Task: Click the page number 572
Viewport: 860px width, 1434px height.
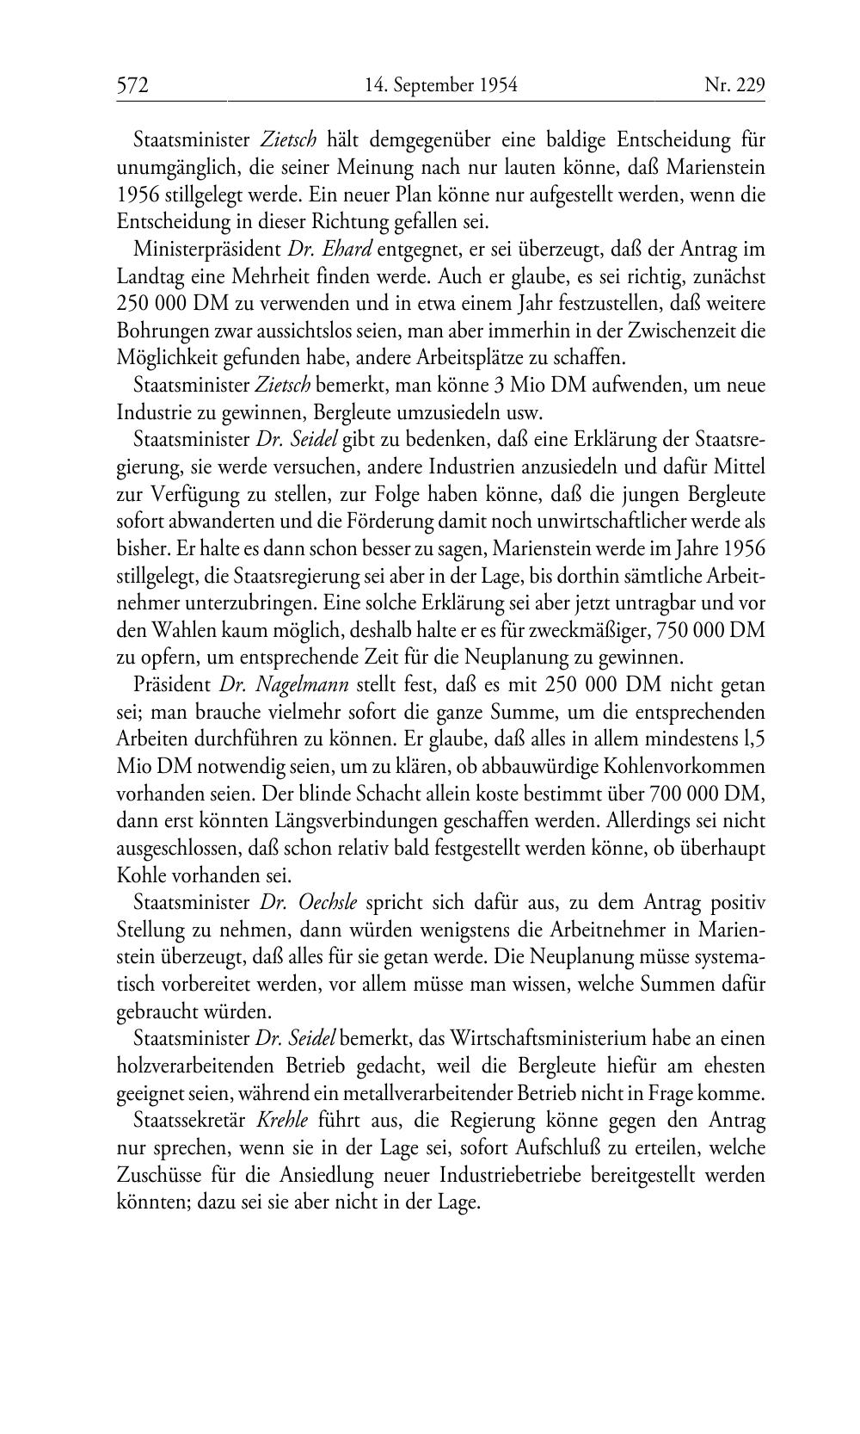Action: [133, 85]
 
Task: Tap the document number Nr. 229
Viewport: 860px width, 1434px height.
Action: [734, 85]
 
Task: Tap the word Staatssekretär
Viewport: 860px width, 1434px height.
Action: [189, 1121]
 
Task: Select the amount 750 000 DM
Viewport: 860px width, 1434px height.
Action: [709, 631]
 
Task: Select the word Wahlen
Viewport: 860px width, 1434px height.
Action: [181, 631]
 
